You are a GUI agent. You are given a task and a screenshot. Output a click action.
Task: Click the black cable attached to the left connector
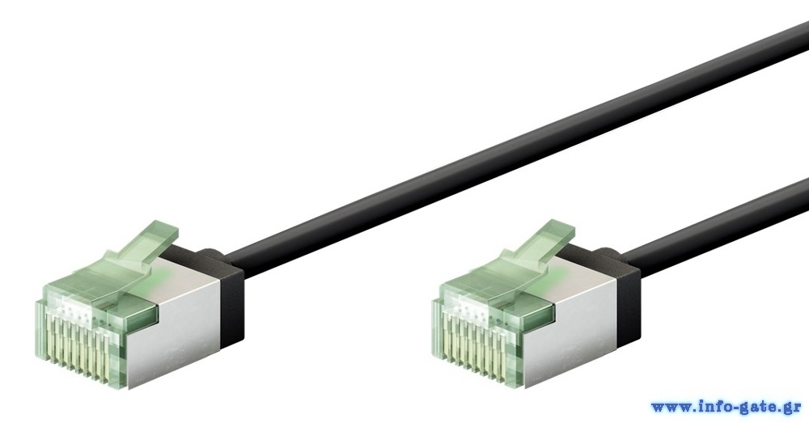(x=516, y=150)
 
